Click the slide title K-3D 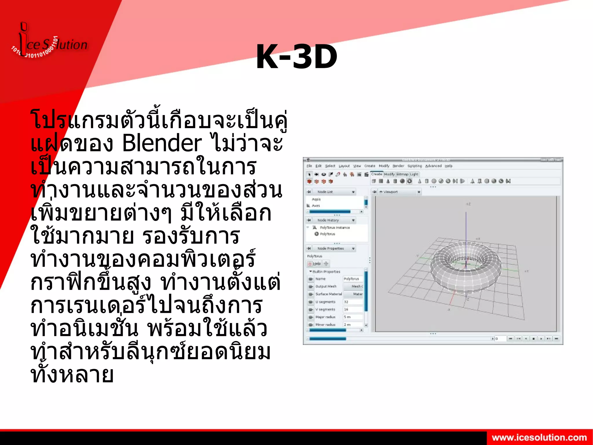pos(296,57)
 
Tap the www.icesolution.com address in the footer pos(539,437)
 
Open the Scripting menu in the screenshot pos(415,166)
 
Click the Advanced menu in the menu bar pos(433,166)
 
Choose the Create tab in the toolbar pos(376,174)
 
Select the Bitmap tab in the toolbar pos(402,174)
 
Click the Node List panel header pos(325,192)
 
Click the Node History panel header pos(328,220)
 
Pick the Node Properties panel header pos(330,248)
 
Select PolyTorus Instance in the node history pos(335,228)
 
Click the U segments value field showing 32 pos(352,302)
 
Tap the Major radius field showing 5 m pos(352,317)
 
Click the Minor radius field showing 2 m pos(352,325)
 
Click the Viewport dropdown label pos(390,192)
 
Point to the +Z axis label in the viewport pos(468,204)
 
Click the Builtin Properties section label pos(326,272)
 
